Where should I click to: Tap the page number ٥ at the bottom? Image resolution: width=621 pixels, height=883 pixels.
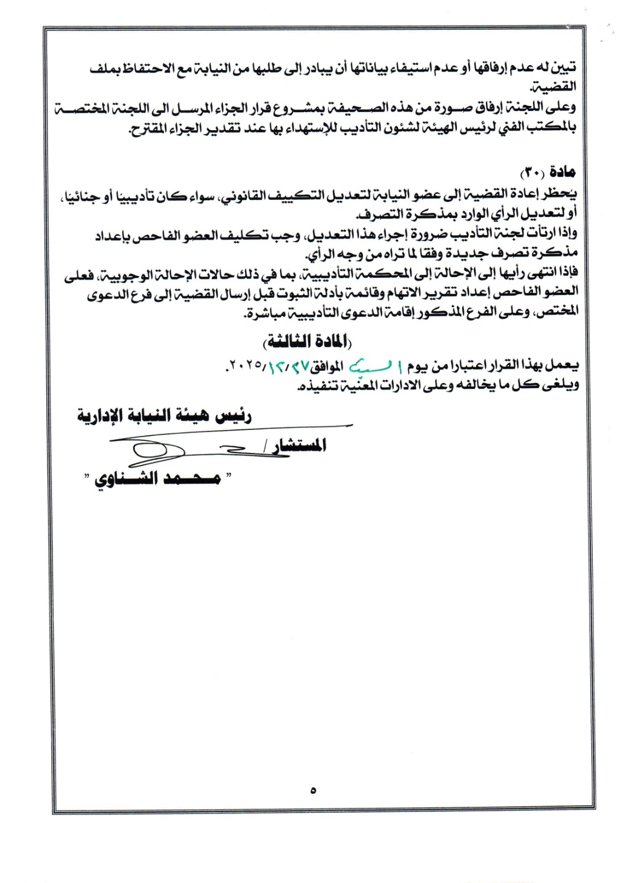coord(313,790)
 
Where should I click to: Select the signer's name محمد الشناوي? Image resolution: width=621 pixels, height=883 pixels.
coord(158,478)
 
